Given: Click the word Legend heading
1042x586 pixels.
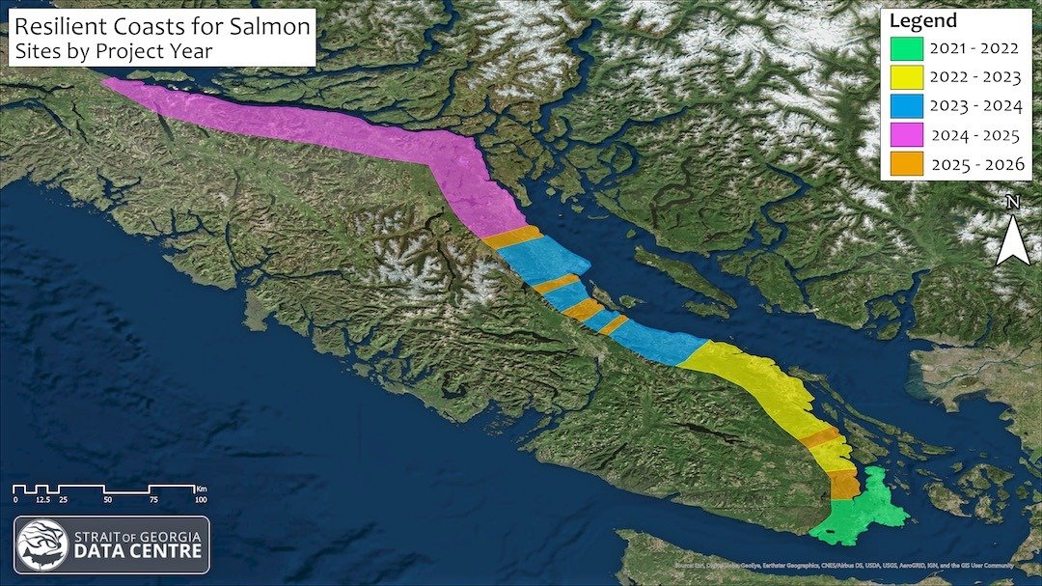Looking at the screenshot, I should point(923,21).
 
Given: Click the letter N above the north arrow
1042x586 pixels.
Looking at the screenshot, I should point(1012,203).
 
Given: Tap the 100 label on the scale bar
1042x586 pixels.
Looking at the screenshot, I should point(200,499).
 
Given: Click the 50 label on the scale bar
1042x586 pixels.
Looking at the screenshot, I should point(107,499).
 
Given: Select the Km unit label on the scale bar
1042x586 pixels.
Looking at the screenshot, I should point(201,488).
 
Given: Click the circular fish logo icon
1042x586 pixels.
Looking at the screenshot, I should point(41,544).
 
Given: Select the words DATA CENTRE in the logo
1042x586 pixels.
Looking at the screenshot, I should point(138,551).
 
